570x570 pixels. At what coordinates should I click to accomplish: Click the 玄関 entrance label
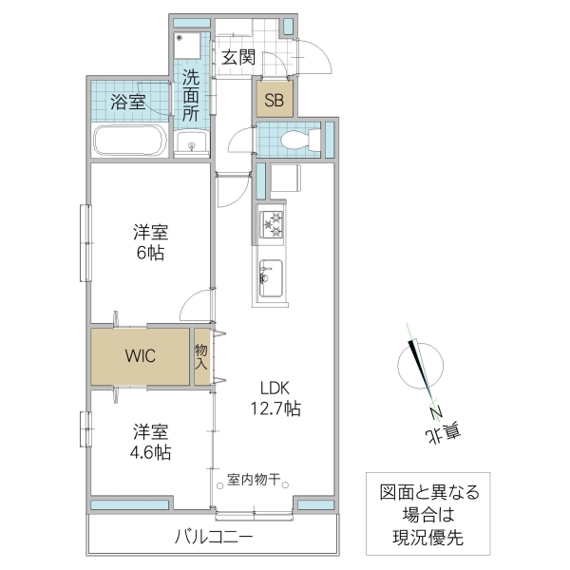239,57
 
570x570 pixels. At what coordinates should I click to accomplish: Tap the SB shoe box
274,100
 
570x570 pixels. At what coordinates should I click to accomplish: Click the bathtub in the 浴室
128,141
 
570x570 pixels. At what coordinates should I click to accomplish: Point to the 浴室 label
128,103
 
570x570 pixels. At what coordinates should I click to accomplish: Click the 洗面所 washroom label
191,95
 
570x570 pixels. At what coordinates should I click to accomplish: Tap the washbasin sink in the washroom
193,145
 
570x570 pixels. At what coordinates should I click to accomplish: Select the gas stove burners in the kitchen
274,225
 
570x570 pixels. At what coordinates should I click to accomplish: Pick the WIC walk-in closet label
141,356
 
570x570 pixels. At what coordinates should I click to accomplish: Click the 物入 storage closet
202,357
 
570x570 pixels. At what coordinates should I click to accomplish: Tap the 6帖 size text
150,253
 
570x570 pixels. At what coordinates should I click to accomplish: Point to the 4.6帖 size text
150,452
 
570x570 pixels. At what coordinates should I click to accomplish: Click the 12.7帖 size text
275,409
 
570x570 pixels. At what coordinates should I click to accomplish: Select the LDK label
275,387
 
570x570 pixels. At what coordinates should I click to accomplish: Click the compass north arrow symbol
421,370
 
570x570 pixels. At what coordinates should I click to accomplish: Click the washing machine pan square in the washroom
190,47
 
